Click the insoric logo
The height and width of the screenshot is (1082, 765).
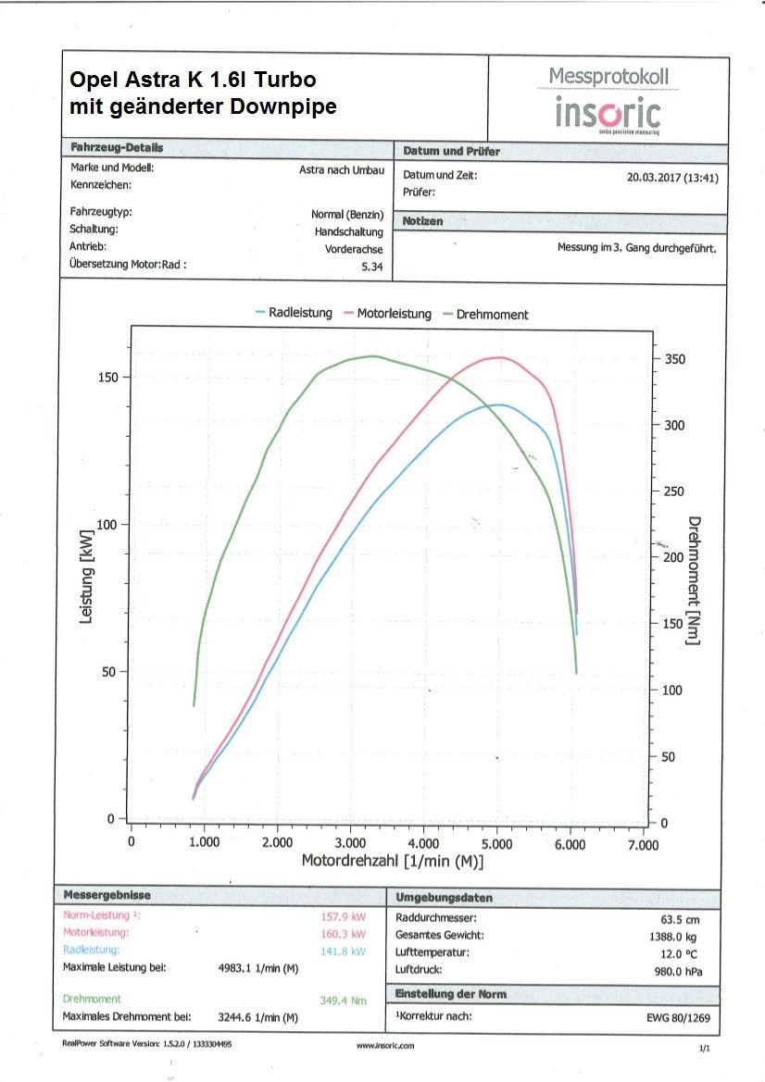(x=608, y=114)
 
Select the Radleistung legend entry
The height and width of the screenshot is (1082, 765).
(x=294, y=314)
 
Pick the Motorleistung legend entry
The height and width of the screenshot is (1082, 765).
(x=388, y=314)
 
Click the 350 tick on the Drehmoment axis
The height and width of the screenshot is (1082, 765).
(x=674, y=359)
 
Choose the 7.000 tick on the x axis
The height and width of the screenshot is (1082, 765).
(x=643, y=843)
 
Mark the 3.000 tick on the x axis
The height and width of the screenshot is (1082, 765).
(x=350, y=843)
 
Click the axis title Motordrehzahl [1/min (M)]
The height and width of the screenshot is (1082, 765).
(x=393, y=862)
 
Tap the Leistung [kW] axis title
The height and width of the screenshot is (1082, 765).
(x=87, y=577)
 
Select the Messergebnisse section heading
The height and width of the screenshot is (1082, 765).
(x=107, y=896)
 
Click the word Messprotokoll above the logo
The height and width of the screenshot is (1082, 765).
(x=608, y=76)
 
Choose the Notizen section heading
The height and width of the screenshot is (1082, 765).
(x=423, y=222)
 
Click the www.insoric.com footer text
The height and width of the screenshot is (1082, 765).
(x=385, y=1045)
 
